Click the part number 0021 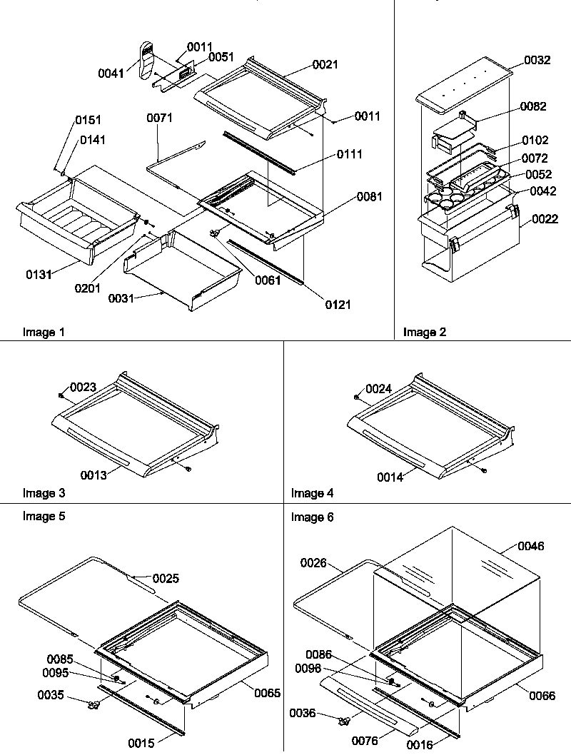point(325,65)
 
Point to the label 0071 point(160,118)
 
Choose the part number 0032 point(537,61)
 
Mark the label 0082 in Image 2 point(534,106)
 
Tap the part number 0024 point(379,389)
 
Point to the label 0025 point(166,577)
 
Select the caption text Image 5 point(44,517)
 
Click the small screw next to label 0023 point(62,395)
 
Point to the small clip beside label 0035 point(91,704)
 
